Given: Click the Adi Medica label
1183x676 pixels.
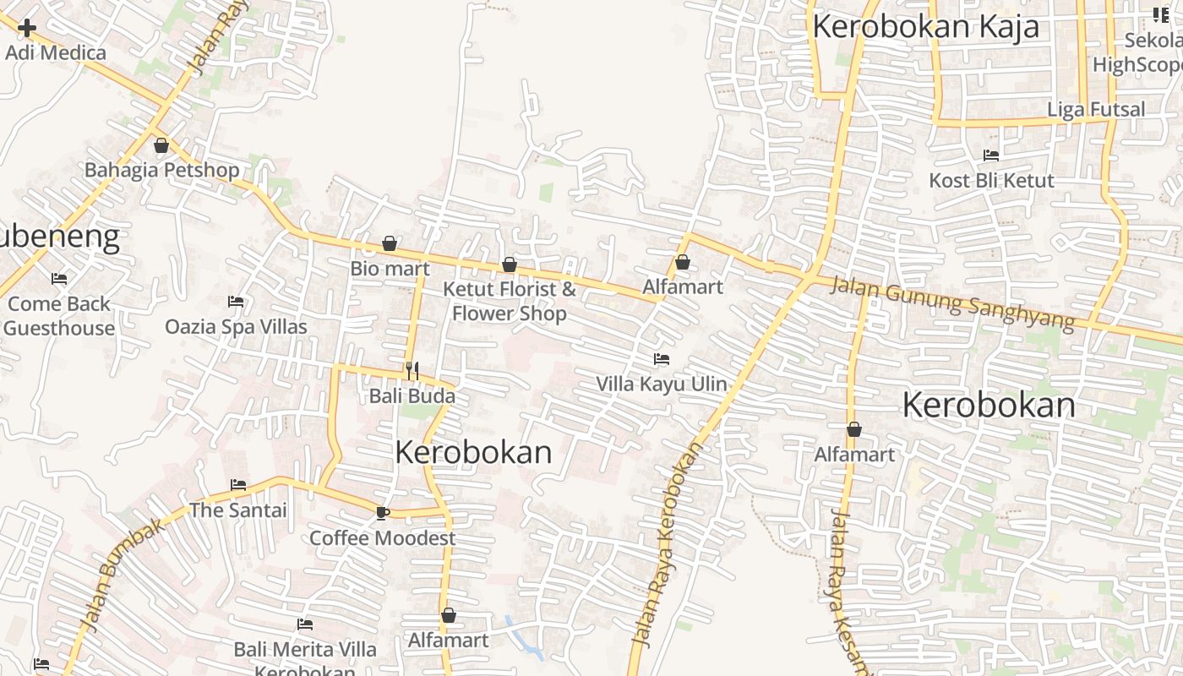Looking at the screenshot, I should [x=56, y=52].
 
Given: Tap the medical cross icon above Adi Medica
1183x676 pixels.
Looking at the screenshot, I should [x=27, y=28].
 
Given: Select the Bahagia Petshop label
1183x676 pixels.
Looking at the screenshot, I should [x=161, y=170].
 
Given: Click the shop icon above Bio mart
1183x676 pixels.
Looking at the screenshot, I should [x=390, y=243].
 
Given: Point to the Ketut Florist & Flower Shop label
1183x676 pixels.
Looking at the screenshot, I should [x=510, y=301].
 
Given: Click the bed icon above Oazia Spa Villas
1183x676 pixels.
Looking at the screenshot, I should [x=236, y=302].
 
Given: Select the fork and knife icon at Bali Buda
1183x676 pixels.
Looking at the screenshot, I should [x=412, y=371].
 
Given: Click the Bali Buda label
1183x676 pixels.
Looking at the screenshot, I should [x=412, y=395].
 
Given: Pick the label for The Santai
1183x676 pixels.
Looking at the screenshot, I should [x=238, y=510].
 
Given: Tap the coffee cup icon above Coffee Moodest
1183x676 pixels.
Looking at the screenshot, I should [x=383, y=512].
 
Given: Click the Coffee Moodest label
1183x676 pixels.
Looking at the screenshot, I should [x=382, y=538].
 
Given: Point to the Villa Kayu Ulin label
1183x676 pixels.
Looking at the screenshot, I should [x=662, y=384].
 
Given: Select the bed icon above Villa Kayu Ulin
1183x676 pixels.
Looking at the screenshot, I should [x=662, y=359].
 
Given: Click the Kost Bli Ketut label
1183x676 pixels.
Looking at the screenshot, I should [x=991, y=180].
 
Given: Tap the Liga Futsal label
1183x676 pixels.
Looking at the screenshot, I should [x=1096, y=109].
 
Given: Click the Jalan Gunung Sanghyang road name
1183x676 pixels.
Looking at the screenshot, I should [x=952, y=304].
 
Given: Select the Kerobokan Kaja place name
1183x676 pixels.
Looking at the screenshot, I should [x=925, y=26].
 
